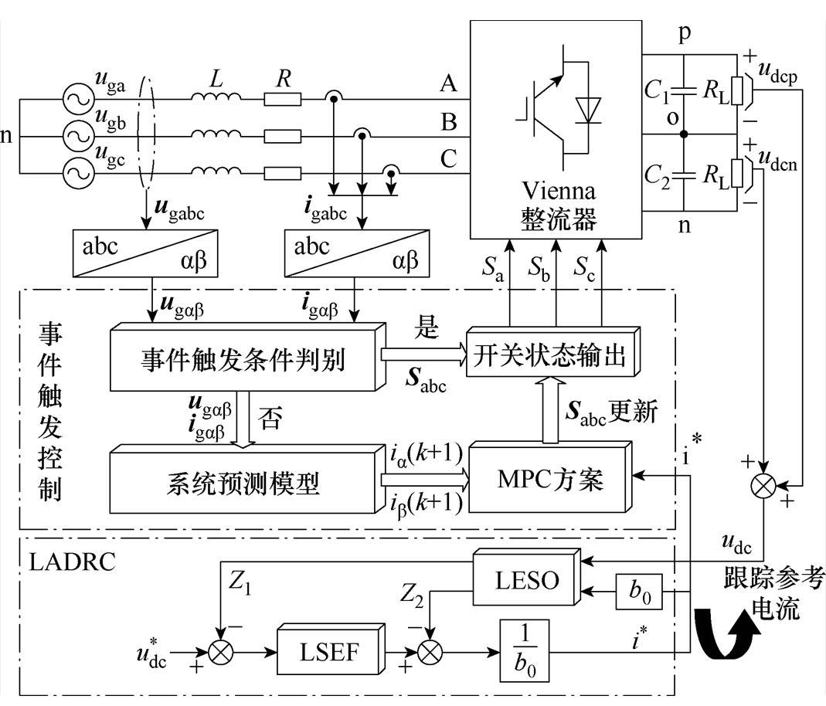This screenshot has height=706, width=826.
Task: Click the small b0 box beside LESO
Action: point(636,592)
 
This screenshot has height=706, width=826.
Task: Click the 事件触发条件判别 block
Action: point(243,360)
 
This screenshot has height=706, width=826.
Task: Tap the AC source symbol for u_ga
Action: point(78,100)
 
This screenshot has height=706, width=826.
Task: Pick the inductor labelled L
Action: point(216,98)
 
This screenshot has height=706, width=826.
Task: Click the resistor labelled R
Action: point(283,99)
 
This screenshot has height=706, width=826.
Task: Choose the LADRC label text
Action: point(72,561)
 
